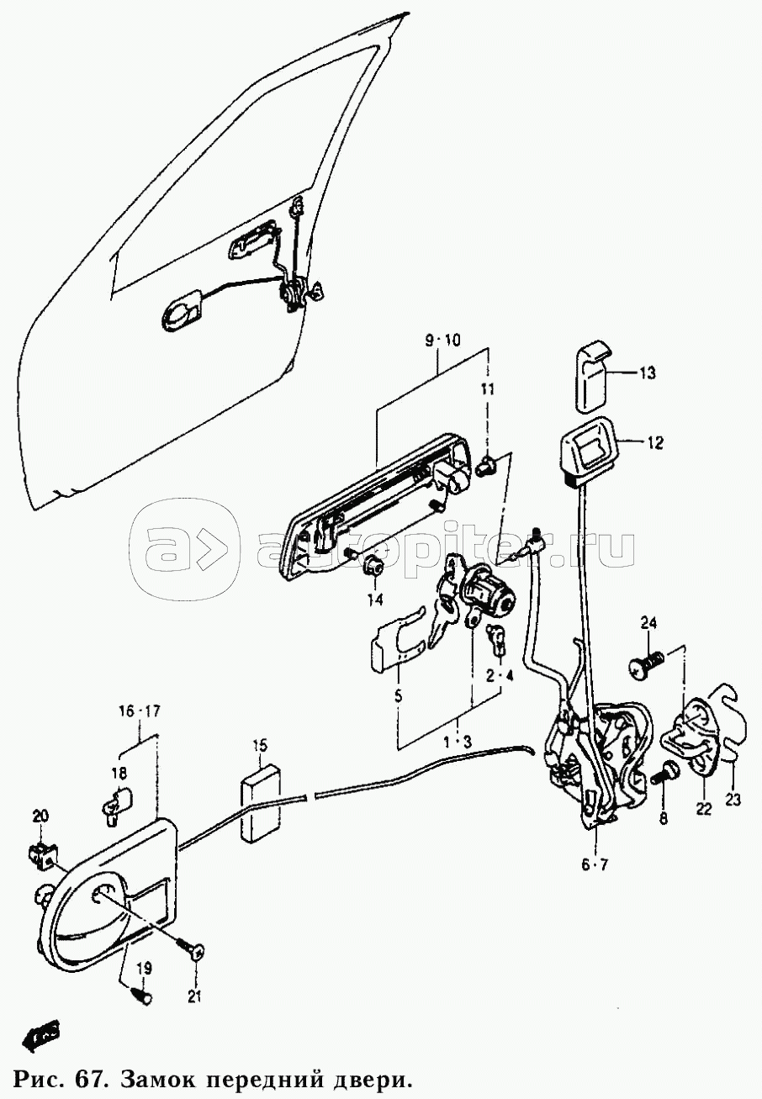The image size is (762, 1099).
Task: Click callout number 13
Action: pos(647,372)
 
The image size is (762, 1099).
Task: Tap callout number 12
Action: pos(655,442)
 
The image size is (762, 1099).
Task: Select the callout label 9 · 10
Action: pos(442,341)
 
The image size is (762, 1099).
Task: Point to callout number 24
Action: pos(648,623)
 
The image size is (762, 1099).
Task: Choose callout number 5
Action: pos(399,696)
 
